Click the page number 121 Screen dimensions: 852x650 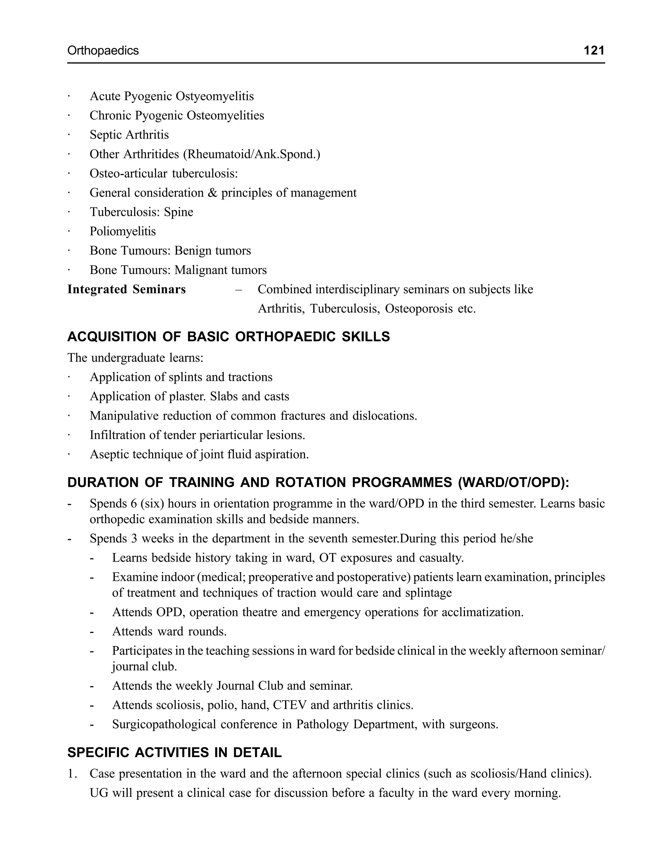point(594,50)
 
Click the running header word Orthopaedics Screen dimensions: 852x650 point(103,50)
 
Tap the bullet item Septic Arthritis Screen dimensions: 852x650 point(129,135)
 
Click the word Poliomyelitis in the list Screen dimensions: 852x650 point(123,231)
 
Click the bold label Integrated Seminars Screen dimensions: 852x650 point(127,290)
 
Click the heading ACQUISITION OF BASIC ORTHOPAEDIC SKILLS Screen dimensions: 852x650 point(228,336)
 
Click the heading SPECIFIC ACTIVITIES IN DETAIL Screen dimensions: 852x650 point(175,753)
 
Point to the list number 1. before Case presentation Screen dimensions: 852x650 point(72,774)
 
